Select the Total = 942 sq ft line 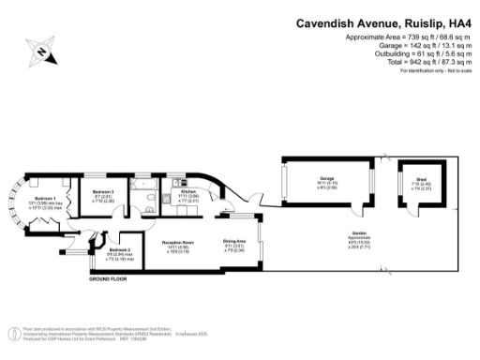[407, 62]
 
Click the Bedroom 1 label [46, 200]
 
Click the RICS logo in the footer [12, 332]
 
